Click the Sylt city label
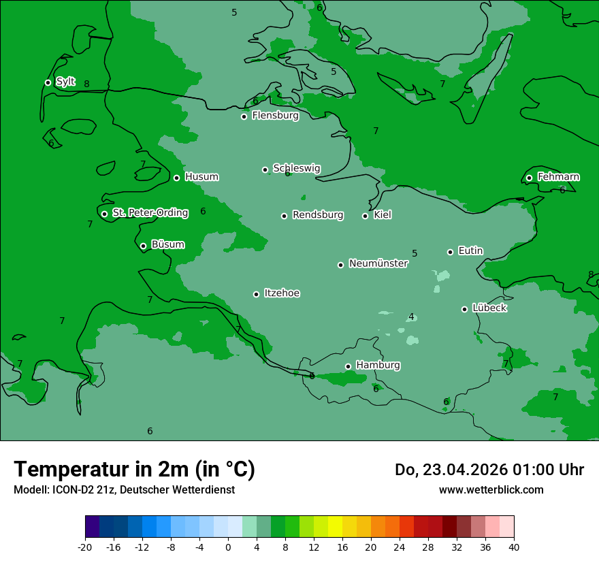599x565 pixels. (65, 82)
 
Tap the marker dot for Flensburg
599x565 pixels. (244, 116)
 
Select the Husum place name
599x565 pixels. (201, 177)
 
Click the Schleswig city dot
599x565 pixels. (265, 169)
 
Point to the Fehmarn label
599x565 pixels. (558, 177)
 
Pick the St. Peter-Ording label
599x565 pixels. (150, 213)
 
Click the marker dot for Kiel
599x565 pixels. (365, 216)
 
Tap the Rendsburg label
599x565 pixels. (317, 215)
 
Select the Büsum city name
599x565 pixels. (167, 245)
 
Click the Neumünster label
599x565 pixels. (378, 263)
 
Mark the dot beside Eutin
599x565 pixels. (450, 252)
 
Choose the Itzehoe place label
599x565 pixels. (282, 293)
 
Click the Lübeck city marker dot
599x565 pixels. (464, 309)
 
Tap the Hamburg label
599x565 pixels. (378, 366)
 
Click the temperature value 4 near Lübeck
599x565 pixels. (411, 317)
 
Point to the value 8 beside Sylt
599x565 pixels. (86, 84)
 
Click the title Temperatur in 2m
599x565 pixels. (134, 469)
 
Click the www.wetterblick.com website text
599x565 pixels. (491, 489)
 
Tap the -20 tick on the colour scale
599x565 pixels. (85, 547)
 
